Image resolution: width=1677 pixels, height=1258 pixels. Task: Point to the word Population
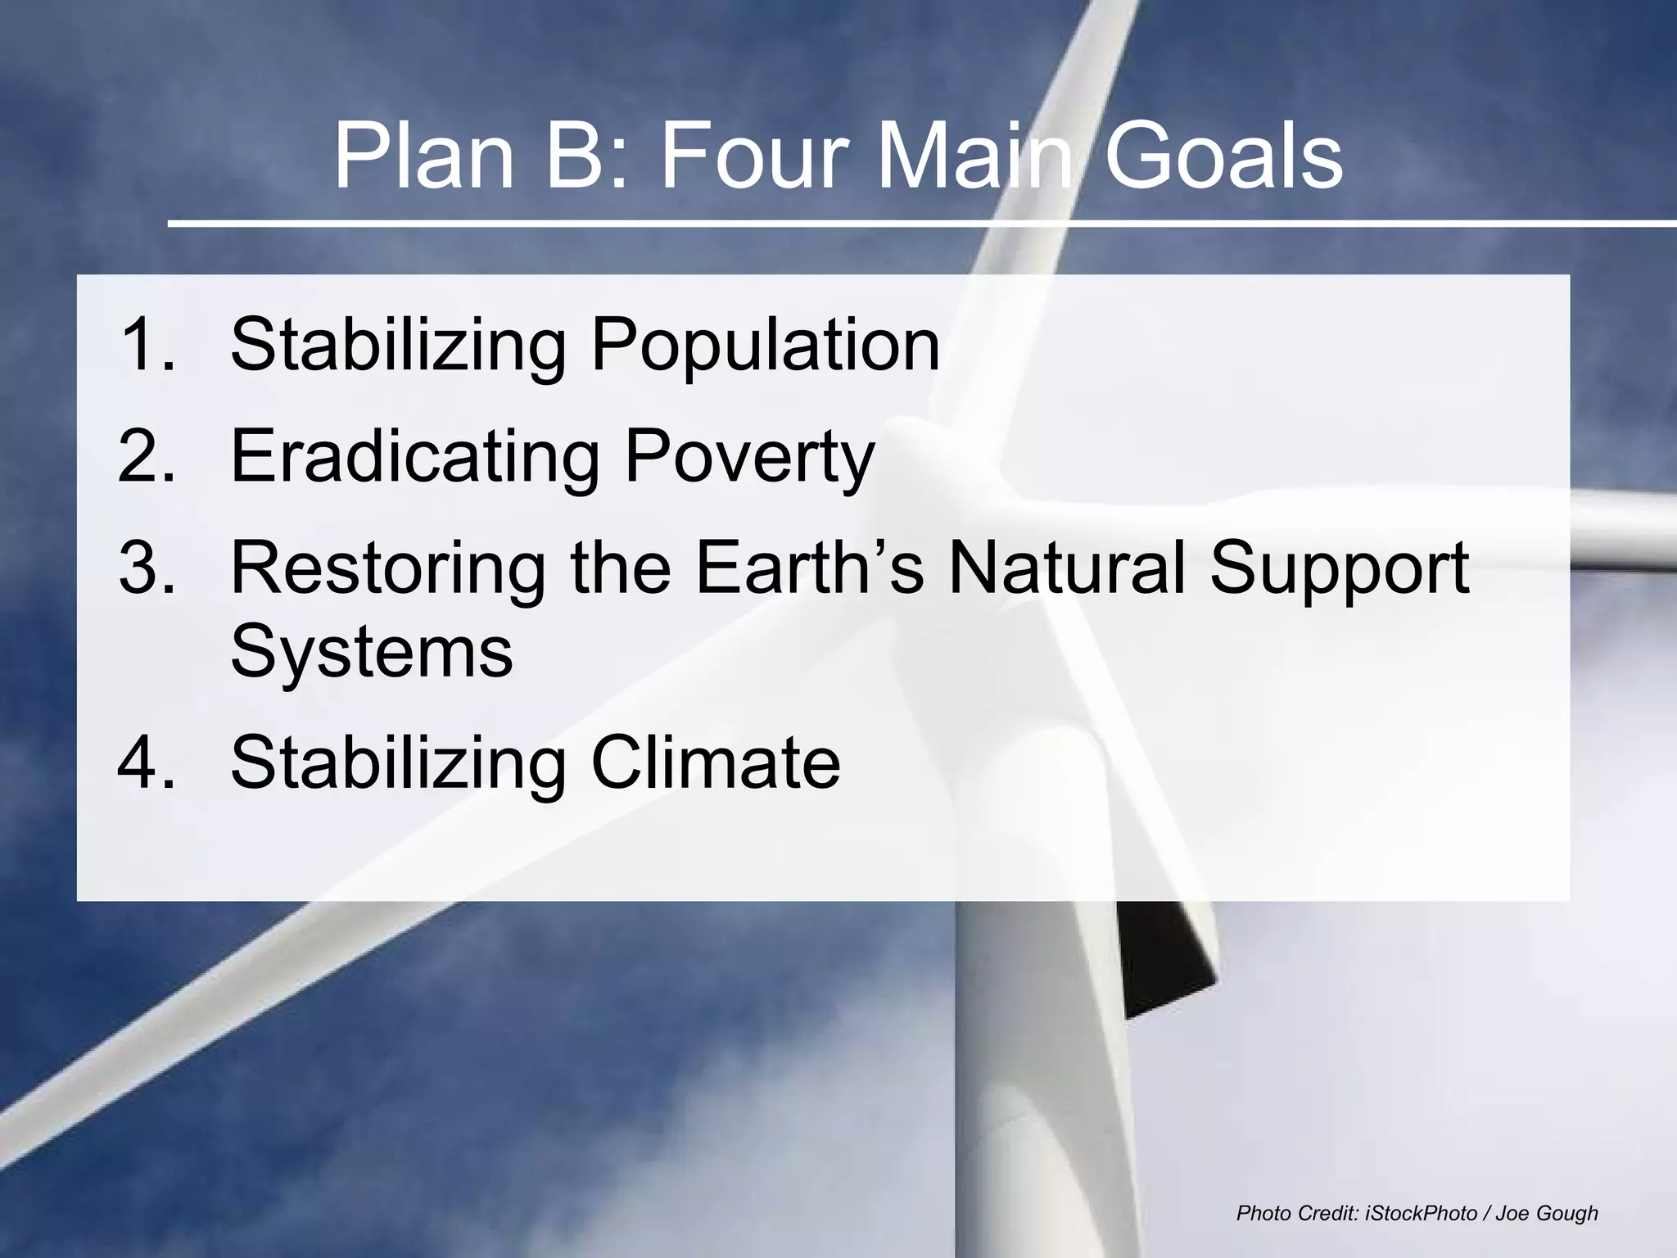pyautogui.click(x=765, y=346)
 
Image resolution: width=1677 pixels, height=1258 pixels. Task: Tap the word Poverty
pyautogui.click(x=749, y=457)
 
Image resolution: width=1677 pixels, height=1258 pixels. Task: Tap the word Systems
pyautogui.click(x=371, y=652)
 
